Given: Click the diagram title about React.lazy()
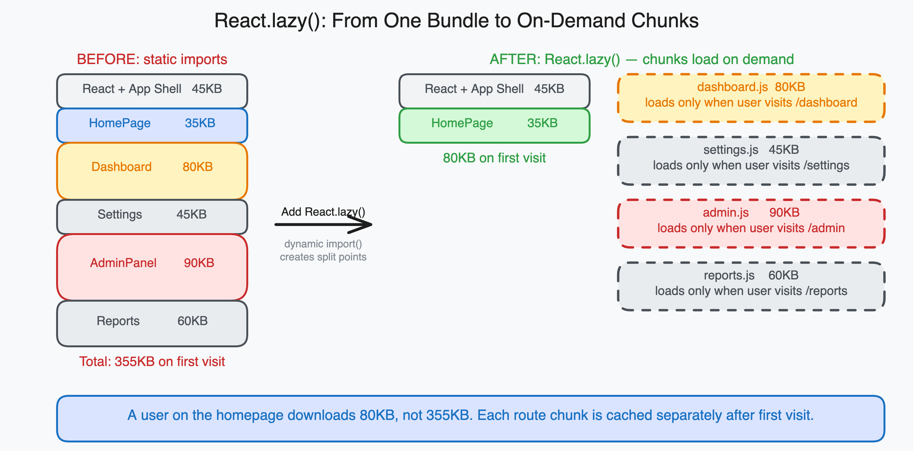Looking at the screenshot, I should (456, 21).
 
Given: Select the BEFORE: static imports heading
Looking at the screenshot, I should (152, 59).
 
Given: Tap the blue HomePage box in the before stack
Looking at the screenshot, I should (152, 125).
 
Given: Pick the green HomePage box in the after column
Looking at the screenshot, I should (494, 125).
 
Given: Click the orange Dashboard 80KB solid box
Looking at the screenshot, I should (152, 171).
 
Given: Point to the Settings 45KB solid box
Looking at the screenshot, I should (152, 216).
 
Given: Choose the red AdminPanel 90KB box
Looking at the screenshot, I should (152, 267).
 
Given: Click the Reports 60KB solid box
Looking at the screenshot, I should (152, 323).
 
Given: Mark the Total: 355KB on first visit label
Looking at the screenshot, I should (152, 361).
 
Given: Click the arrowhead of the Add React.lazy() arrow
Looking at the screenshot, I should (365, 224).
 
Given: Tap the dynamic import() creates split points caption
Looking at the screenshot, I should (323, 250).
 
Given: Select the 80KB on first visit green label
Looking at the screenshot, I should (494, 158).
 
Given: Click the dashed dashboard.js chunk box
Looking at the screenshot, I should (751, 97).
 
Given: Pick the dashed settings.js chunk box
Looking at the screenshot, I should (751, 160).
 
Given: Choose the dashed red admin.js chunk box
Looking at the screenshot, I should (751, 223).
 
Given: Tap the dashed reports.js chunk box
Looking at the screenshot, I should (751, 286).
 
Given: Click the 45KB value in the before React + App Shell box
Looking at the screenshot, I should (207, 88).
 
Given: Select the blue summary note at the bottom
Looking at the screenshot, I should (470, 418).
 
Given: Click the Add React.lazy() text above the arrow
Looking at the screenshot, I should (323, 212).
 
